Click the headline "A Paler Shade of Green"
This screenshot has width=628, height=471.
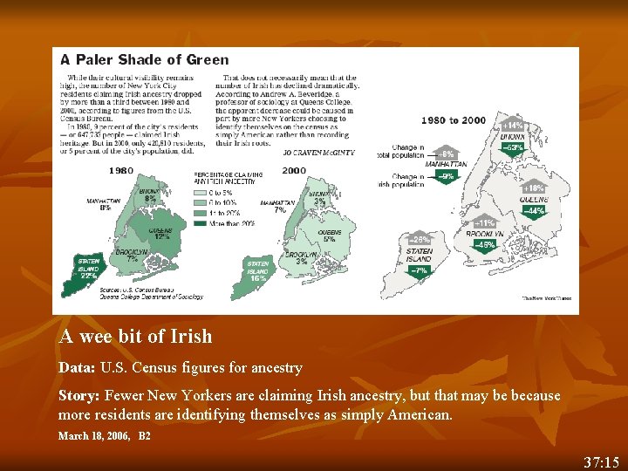(144, 60)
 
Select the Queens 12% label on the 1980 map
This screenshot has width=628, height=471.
(159, 233)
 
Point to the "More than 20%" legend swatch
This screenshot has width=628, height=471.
(200, 222)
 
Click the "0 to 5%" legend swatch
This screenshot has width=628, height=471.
(200, 192)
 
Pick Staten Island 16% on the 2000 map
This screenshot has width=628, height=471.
(258, 271)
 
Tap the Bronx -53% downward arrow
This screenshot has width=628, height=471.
(513, 149)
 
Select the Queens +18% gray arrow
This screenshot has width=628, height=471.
(533, 188)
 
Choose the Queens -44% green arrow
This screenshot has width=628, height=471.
(533, 212)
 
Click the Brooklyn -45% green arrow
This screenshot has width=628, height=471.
(485, 246)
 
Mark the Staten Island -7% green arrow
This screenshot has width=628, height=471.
(419, 271)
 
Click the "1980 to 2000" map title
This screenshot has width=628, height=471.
(454, 120)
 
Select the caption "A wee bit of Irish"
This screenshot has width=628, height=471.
(135, 337)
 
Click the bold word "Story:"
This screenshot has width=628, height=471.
(78, 395)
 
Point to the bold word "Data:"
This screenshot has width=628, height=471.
(77, 368)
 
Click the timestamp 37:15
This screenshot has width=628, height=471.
(602, 461)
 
